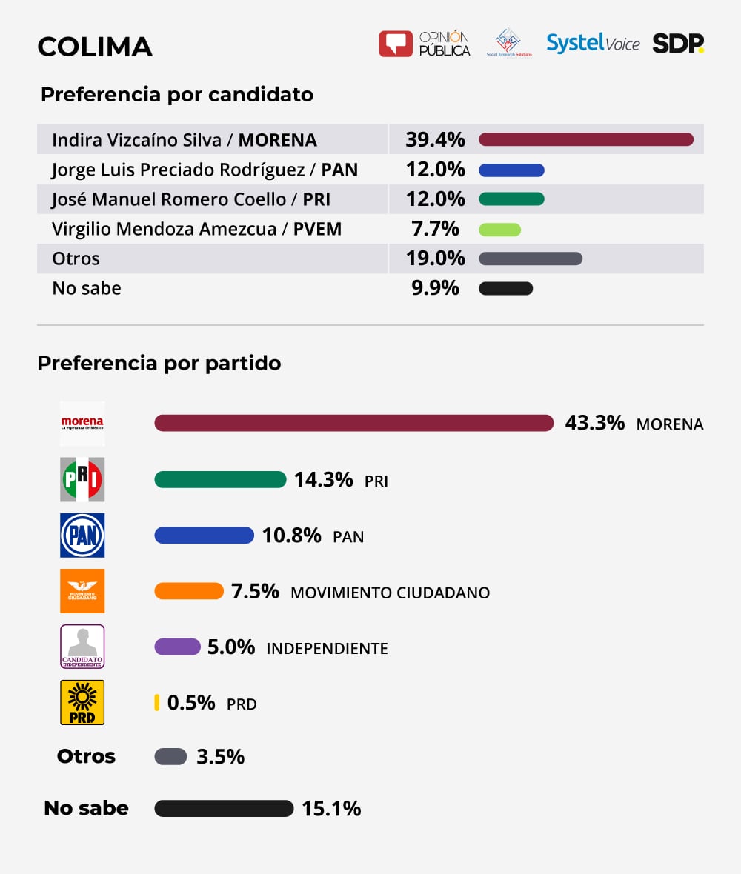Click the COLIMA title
coord(95,47)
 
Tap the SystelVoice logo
coord(593,43)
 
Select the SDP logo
coord(677,44)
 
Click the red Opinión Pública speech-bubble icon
coord(395,44)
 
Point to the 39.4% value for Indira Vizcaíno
coord(435,139)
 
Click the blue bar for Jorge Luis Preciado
coord(511,170)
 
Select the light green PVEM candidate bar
coord(499,230)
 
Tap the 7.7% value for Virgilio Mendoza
coord(435,229)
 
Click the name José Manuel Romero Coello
coord(169,199)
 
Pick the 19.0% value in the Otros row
coord(435,258)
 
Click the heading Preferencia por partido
coord(159,364)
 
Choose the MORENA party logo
coord(82,424)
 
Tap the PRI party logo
coord(82,479)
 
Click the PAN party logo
coord(82,535)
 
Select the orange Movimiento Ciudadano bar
coord(188,591)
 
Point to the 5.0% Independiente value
coord(230,647)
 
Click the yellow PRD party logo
coord(82,702)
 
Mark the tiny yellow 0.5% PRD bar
coord(157,702)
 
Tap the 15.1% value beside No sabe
coord(331,809)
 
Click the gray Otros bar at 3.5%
coord(170,757)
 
